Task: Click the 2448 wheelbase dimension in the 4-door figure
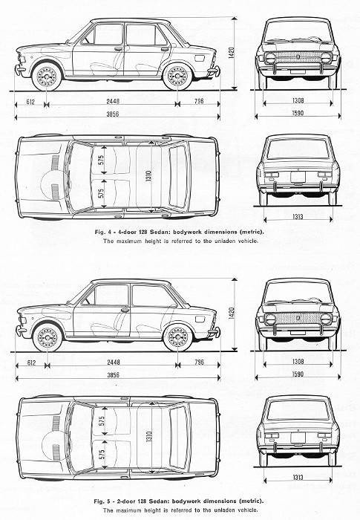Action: tap(113, 101)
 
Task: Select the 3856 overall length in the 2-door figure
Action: tap(113, 375)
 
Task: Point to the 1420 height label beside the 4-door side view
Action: tap(232, 53)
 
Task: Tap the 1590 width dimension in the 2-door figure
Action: tap(298, 374)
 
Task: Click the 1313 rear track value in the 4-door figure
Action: tap(298, 216)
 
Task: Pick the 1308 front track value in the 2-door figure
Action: tap(298, 362)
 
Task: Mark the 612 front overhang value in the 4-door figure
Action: tap(30, 102)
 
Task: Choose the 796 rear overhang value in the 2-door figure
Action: tap(199, 362)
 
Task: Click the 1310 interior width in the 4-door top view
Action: tap(148, 176)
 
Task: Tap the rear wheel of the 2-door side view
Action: tap(177, 338)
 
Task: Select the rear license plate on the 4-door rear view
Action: tap(298, 177)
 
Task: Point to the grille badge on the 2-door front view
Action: tap(298, 318)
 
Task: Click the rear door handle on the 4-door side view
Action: tap(165, 49)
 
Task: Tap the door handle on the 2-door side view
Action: tap(125, 310)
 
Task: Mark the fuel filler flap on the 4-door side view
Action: tap(200, 59)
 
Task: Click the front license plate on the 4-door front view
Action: tap(298, 71)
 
